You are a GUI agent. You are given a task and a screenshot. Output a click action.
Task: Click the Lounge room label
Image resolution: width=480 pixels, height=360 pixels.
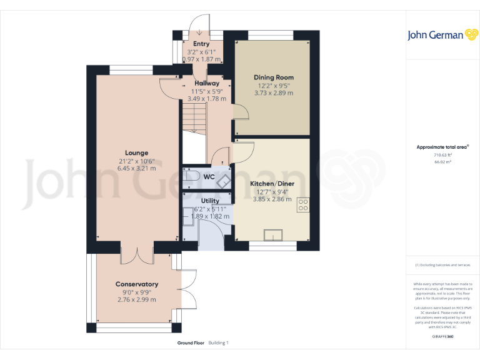click(136, 152)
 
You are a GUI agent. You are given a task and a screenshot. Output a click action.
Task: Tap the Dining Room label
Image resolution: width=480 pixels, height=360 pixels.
click(273, 77)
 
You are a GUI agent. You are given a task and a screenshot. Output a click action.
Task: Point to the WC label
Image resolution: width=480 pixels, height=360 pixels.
click(209, 177)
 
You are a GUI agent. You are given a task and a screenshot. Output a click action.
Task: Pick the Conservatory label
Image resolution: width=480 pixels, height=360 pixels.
click(136, 284)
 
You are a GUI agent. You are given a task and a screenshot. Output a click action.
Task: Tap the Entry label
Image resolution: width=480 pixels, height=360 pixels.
click(201, 44)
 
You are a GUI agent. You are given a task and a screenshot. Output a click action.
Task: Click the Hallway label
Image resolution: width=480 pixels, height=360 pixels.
click(206, 83)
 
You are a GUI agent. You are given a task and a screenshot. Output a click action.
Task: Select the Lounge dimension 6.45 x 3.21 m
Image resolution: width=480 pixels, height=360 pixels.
click(136, 168)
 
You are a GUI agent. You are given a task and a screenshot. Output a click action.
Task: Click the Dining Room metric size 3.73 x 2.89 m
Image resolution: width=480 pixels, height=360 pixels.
click(273, 93)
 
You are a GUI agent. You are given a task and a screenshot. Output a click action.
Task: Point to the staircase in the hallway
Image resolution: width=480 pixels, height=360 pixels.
click(194, 118)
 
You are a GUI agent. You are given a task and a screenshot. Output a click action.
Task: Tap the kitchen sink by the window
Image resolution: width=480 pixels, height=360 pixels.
click(273, 235)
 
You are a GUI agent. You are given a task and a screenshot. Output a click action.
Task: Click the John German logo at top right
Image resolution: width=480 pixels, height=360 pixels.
click(435, 35)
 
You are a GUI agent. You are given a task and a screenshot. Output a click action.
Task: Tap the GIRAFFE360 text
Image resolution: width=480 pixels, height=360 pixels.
click(442, 336)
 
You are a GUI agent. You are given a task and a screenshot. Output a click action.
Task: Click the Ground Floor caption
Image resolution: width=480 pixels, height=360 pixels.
click(191, 343)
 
